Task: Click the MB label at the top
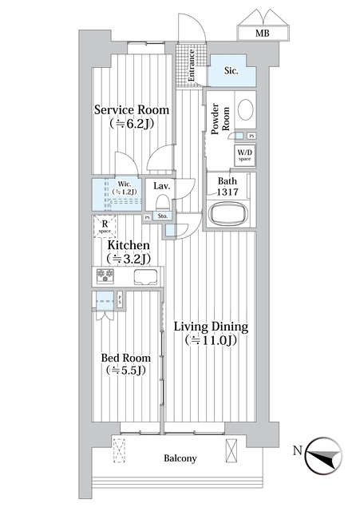[x=263, y=33]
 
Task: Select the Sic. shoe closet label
[x=232, y=71]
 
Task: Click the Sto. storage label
[x=163, y=216]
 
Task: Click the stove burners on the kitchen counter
[x=106, y=277]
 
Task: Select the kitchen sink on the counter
[x=147, y=277]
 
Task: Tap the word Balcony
[x=180, y=458]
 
